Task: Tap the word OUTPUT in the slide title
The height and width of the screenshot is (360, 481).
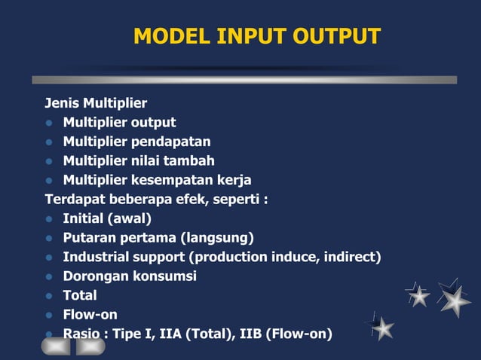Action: click(337, 36)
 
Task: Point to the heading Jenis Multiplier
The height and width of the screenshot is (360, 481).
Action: click(96, 103)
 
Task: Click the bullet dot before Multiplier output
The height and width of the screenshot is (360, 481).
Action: click(50, 123)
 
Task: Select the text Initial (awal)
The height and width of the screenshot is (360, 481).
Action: click(107, 219)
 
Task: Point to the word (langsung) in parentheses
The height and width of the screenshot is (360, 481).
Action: click(216, 238)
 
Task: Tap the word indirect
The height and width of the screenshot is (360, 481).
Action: click(352, 258)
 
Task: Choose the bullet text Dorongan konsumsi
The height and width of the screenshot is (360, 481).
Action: click(130, 276)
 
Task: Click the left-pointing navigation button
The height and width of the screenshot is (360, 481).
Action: click(56, 346)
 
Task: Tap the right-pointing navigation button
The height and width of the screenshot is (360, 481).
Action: click(90, 346)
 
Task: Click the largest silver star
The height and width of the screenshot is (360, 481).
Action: click(455, 301)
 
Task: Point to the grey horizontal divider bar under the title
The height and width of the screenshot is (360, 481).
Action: click(244, 79)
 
